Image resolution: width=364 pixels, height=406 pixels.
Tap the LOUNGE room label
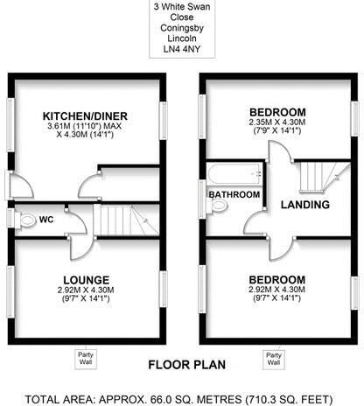pyautogui.click(x=86, y=279)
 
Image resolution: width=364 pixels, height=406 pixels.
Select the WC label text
pyautogui.click(x=47, y=220)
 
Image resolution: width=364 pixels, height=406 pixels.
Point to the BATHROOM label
pyautogui.click(x=234, y=194)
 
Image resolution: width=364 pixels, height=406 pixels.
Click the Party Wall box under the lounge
pyautogui.click(x=86, y=358)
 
